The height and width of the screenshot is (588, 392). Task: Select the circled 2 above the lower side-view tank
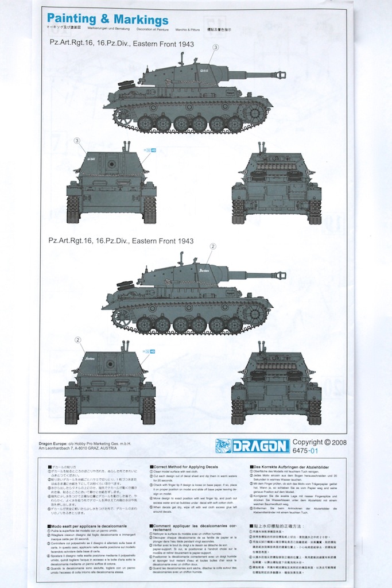(212, 246)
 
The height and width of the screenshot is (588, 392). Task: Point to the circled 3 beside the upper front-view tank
(77, 141)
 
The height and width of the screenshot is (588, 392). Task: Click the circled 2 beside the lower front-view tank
(77, 340)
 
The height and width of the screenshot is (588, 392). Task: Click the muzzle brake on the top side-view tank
(281, 74)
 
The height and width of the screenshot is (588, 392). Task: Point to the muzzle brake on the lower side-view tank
(281, 275)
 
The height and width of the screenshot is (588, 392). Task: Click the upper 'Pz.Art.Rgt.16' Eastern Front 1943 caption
(121, 44)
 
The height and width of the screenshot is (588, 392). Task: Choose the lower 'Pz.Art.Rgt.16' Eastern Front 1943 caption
(121, 241)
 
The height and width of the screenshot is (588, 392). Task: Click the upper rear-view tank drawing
(277, 184)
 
